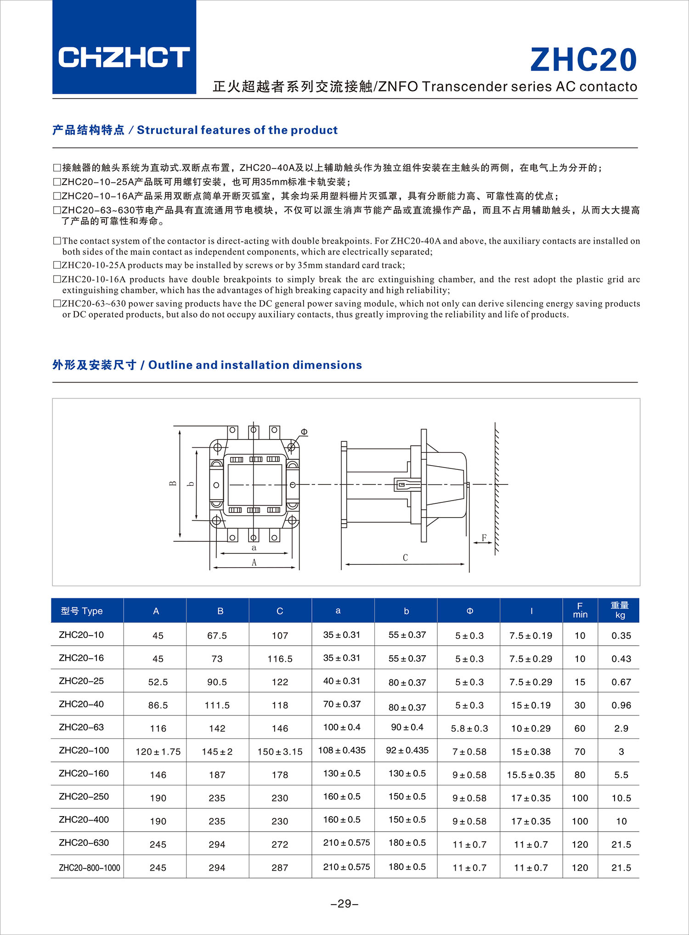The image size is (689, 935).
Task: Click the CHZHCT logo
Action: click(124, 57)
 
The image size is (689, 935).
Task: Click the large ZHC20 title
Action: click(583, 60)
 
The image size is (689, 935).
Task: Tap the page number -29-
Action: click(344, 904)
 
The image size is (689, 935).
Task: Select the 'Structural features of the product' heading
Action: click(195, 130)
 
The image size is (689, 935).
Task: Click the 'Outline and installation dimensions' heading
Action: click(207, 365)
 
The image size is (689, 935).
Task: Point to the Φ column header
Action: click(469, 611)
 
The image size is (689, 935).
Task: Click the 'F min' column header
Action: click(580, 610)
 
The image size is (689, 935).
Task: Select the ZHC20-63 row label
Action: click(81, 727)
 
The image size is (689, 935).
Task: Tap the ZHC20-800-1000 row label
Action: click(89, 867)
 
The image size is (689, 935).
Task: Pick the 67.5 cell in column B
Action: click(217, 636)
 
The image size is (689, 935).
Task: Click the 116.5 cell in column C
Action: click(280, 659)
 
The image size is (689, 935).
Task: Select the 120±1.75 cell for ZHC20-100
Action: click(158, 752)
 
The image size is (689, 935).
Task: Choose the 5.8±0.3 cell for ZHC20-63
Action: click(469, 728)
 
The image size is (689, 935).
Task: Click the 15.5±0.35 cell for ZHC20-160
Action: click(531, 775)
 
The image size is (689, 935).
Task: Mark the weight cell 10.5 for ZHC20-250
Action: click(621, 798)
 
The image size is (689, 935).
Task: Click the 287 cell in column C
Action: click(280, 867)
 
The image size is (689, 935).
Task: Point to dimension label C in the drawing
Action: click(405, 558)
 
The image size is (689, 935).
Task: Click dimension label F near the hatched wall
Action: click(484, 537)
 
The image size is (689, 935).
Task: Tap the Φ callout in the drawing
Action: click(304, 432)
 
